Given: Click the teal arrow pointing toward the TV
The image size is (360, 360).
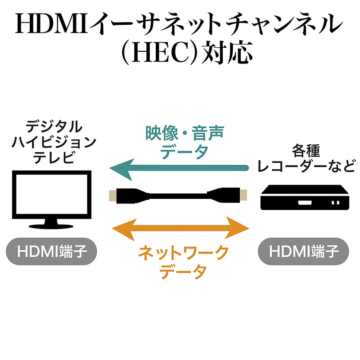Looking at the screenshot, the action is pos(179,168).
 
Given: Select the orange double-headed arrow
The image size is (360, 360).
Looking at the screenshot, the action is pos(180,229).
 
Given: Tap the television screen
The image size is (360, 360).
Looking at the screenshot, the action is pos(52,194).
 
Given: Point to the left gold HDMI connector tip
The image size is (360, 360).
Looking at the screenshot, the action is pos(112,196).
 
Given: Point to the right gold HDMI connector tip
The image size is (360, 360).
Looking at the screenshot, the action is pos(243,195).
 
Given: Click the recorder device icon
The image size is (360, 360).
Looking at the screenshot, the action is pos(305,197).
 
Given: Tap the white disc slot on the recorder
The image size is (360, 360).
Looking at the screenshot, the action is pos(305,203).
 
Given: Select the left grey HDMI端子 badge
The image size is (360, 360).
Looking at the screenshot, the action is pos(51,252).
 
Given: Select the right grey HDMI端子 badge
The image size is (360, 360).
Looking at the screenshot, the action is pos(303,252).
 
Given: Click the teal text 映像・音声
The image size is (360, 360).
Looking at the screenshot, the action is pos(185,133).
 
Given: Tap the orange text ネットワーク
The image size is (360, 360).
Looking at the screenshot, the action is pos(183,253).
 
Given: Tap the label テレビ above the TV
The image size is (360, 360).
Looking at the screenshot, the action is pos(54,157).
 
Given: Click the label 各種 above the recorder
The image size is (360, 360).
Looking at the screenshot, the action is pos(306,151).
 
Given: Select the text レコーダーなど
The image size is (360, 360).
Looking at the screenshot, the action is pos(306,166).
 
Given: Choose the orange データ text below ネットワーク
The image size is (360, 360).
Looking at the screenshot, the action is pos(183,271).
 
